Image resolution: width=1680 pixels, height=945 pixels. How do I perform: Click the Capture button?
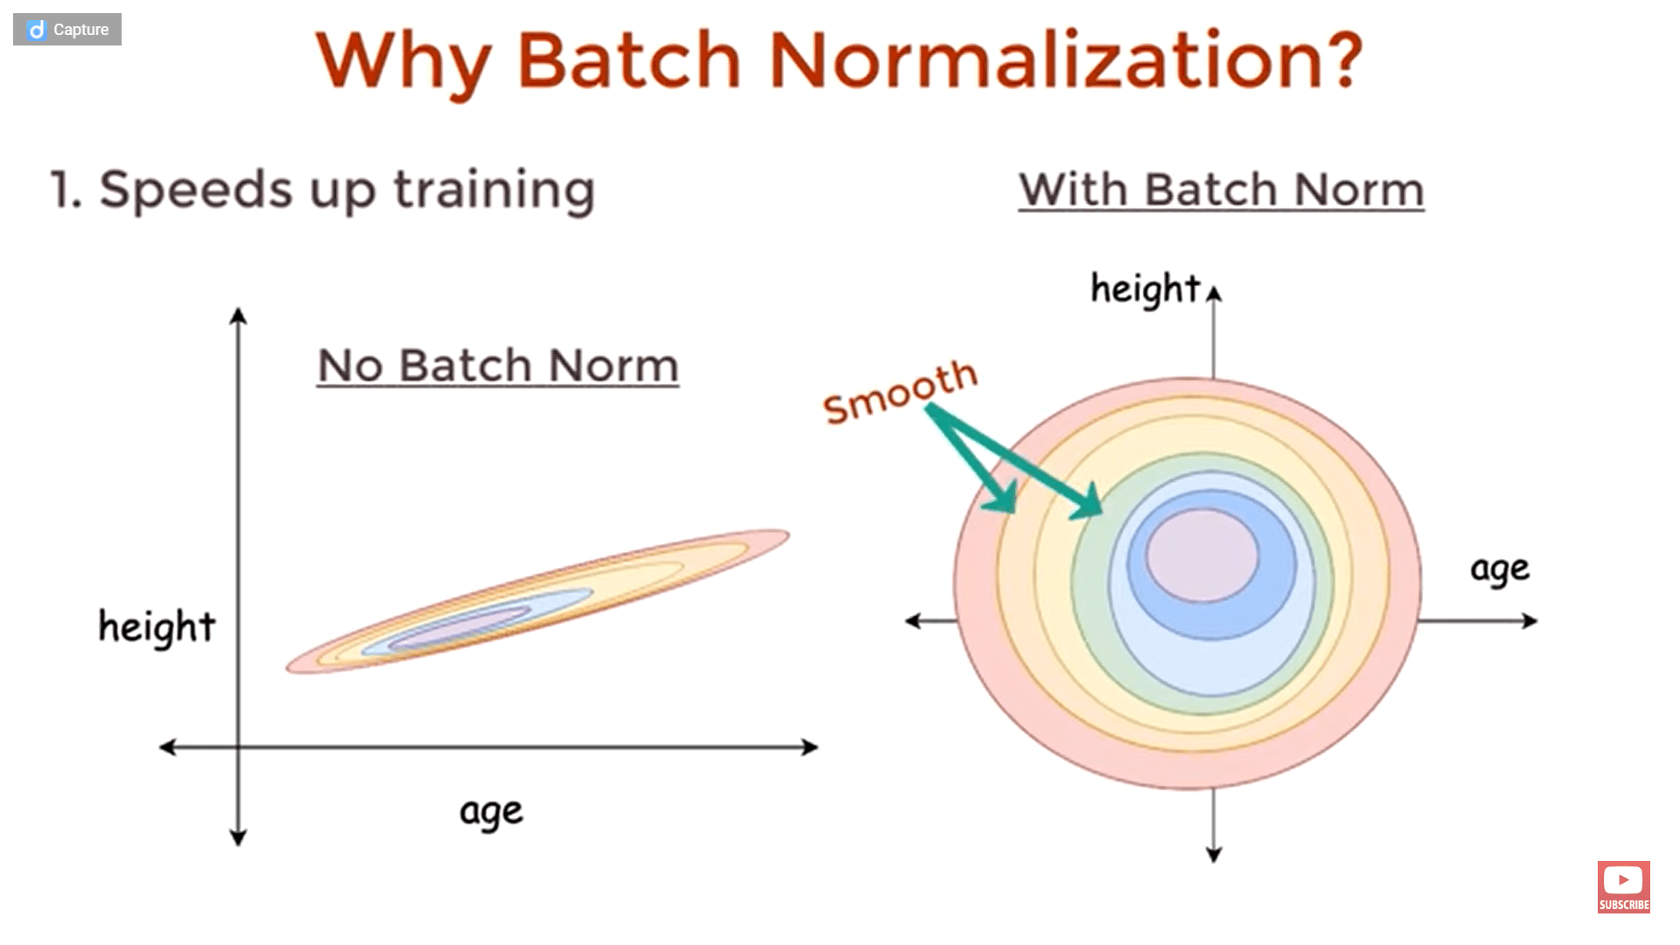[67, 30]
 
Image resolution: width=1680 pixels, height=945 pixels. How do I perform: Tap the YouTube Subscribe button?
[1623, 887]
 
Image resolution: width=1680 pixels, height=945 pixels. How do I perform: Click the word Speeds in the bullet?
[195, 189]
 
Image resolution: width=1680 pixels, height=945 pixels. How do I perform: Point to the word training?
[494, 191]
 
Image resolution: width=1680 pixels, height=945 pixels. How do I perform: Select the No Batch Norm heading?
[498, 366]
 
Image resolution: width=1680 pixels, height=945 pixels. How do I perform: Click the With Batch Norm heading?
[1221, 190]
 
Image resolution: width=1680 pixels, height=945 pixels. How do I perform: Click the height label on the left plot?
[157, 626]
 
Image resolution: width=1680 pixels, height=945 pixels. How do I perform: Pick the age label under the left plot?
[491, 812]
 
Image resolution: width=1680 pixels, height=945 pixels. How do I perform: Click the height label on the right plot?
[1144, 289]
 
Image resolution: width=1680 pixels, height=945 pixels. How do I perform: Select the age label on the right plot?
[1500, 570]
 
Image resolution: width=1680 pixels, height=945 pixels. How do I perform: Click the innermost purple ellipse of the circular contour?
[1202, 555]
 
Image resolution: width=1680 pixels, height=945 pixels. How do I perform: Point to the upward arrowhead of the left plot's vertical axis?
[238, 315]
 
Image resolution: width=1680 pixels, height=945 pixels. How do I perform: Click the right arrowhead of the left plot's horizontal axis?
[810, 747]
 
